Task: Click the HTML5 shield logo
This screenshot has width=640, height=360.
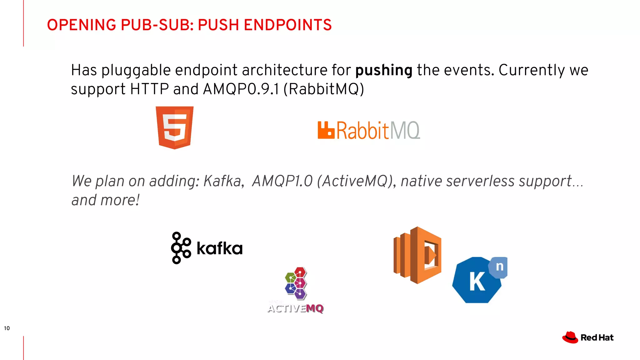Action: coord(175,127)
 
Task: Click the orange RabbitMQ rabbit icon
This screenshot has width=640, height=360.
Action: coord(326,130)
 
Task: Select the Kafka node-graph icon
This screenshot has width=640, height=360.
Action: coord(181,248)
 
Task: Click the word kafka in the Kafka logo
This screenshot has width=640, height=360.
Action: coord(220,249)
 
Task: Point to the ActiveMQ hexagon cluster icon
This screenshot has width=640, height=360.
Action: coord(296,283)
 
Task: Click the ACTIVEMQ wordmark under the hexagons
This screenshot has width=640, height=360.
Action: coord(296,308)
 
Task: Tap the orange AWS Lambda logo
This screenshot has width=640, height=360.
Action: coord(417,255)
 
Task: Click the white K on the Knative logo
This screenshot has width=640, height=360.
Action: coord(477,282)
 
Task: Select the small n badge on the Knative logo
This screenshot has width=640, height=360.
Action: coord(500,267)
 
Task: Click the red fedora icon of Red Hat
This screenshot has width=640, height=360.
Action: coord(570,337)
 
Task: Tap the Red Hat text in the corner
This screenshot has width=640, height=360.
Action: coord(597,338)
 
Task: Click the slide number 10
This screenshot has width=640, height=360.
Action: coord(7,328)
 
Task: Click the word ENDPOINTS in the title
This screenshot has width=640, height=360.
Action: coord(287,25)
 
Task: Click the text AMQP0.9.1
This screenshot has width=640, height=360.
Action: coord(241,89)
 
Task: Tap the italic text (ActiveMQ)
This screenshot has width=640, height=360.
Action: coord(357,181)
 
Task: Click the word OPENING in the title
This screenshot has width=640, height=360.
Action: coord(82,25)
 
